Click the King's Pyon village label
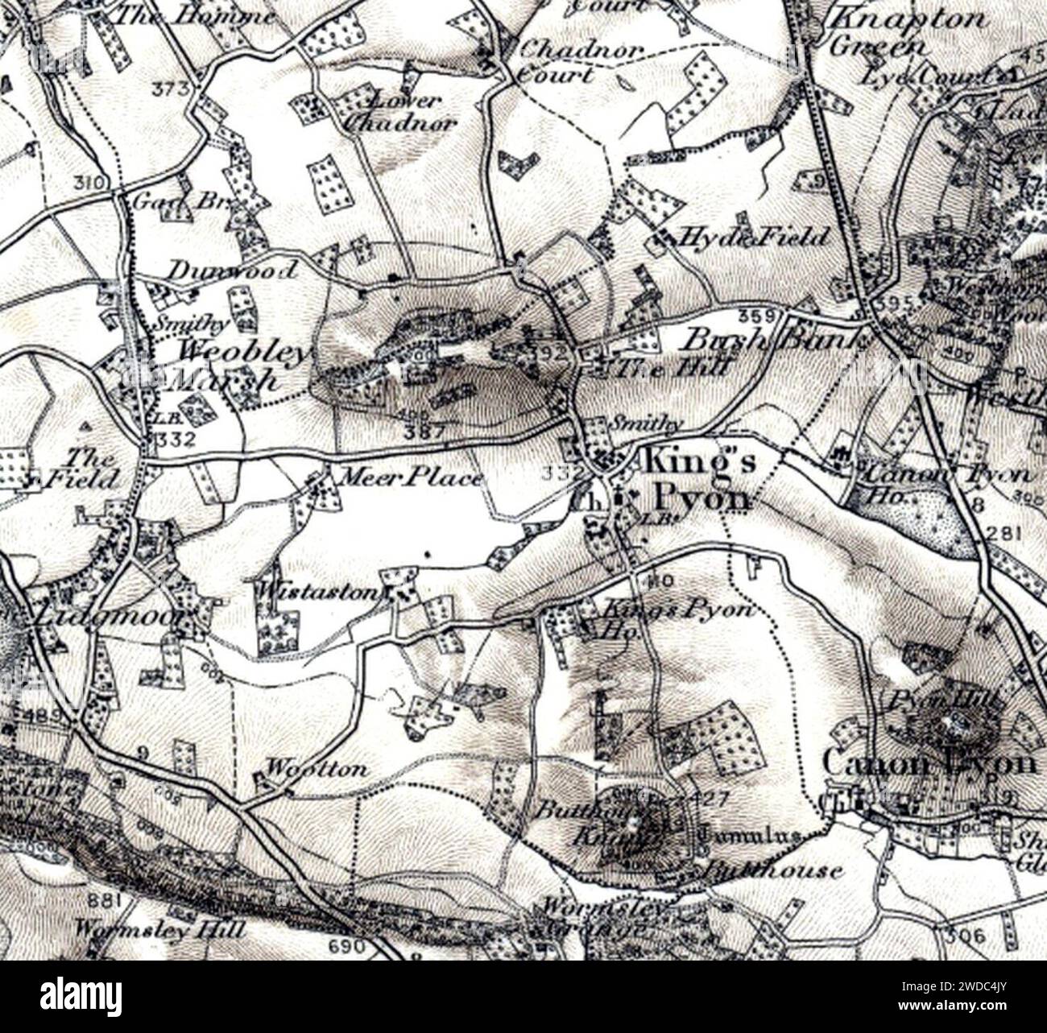(x=697, y=481)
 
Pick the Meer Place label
(x=411, y=477)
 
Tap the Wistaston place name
(x=317, y=592)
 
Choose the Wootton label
(x=317, y=768)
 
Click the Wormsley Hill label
(x=158, y=929)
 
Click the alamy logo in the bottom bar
(x=73, y=992)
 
